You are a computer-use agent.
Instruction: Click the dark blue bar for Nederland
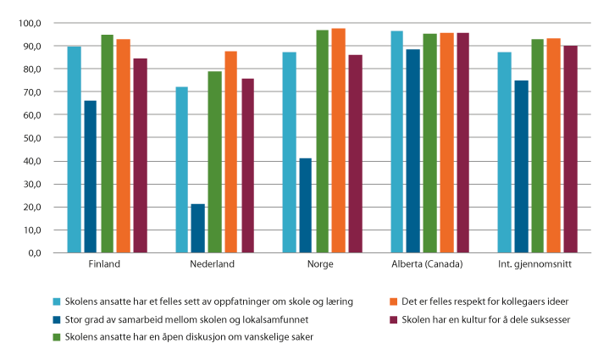198,228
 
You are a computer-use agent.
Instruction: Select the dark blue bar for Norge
306,205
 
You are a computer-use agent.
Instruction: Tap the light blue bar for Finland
75,149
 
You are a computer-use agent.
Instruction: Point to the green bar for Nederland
214,161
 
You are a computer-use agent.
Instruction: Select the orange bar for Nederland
231,152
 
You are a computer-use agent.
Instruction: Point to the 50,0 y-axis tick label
33,137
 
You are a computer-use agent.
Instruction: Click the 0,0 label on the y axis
36,252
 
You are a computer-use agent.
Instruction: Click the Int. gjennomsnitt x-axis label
538,264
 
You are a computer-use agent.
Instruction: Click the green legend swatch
57,337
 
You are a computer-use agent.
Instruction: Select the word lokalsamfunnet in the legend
257,319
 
